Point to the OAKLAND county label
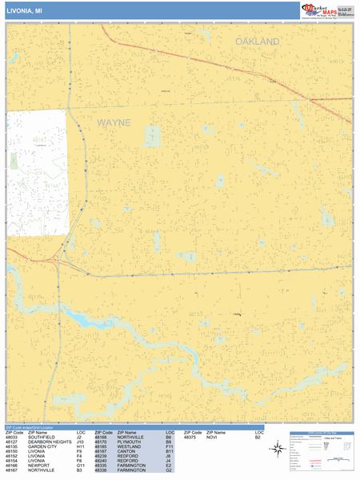coord(258,41)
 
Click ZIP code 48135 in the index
coord(12,447)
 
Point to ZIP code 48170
coord(102,442)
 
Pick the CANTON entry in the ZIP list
coord(126,452)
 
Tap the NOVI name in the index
coord(211,438)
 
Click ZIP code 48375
coord(190,438)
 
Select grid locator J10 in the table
coord(80,442)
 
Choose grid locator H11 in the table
coord(80,447)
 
